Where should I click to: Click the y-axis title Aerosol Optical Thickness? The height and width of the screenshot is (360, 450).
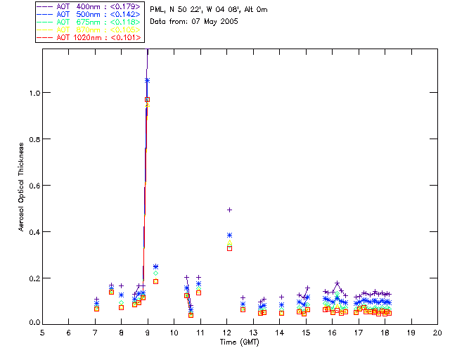click(x=22, y=185)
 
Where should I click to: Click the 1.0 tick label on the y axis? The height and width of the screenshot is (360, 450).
click(x=32, y=93)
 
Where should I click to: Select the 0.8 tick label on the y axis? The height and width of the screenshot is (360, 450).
click(x=32, y=139)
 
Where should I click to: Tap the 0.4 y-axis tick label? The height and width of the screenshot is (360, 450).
click(x=32, y=232)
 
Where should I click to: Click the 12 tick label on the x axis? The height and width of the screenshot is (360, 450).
click(x=226, y=332)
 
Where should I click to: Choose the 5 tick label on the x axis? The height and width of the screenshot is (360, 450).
click(x=42, y=332)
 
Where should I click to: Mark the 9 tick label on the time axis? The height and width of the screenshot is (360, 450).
click(x=148, y=332)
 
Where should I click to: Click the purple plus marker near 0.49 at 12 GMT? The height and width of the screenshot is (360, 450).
click(x=229, y=210)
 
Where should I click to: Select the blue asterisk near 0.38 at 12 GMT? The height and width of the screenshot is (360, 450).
click(x=229, y=235)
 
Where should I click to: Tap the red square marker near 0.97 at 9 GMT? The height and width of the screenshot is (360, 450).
click(x=147, y=100)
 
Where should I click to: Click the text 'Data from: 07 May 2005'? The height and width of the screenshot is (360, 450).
click(x=194, y=22)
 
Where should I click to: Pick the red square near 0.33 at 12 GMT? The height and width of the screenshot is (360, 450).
click(x=229, y=248)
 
